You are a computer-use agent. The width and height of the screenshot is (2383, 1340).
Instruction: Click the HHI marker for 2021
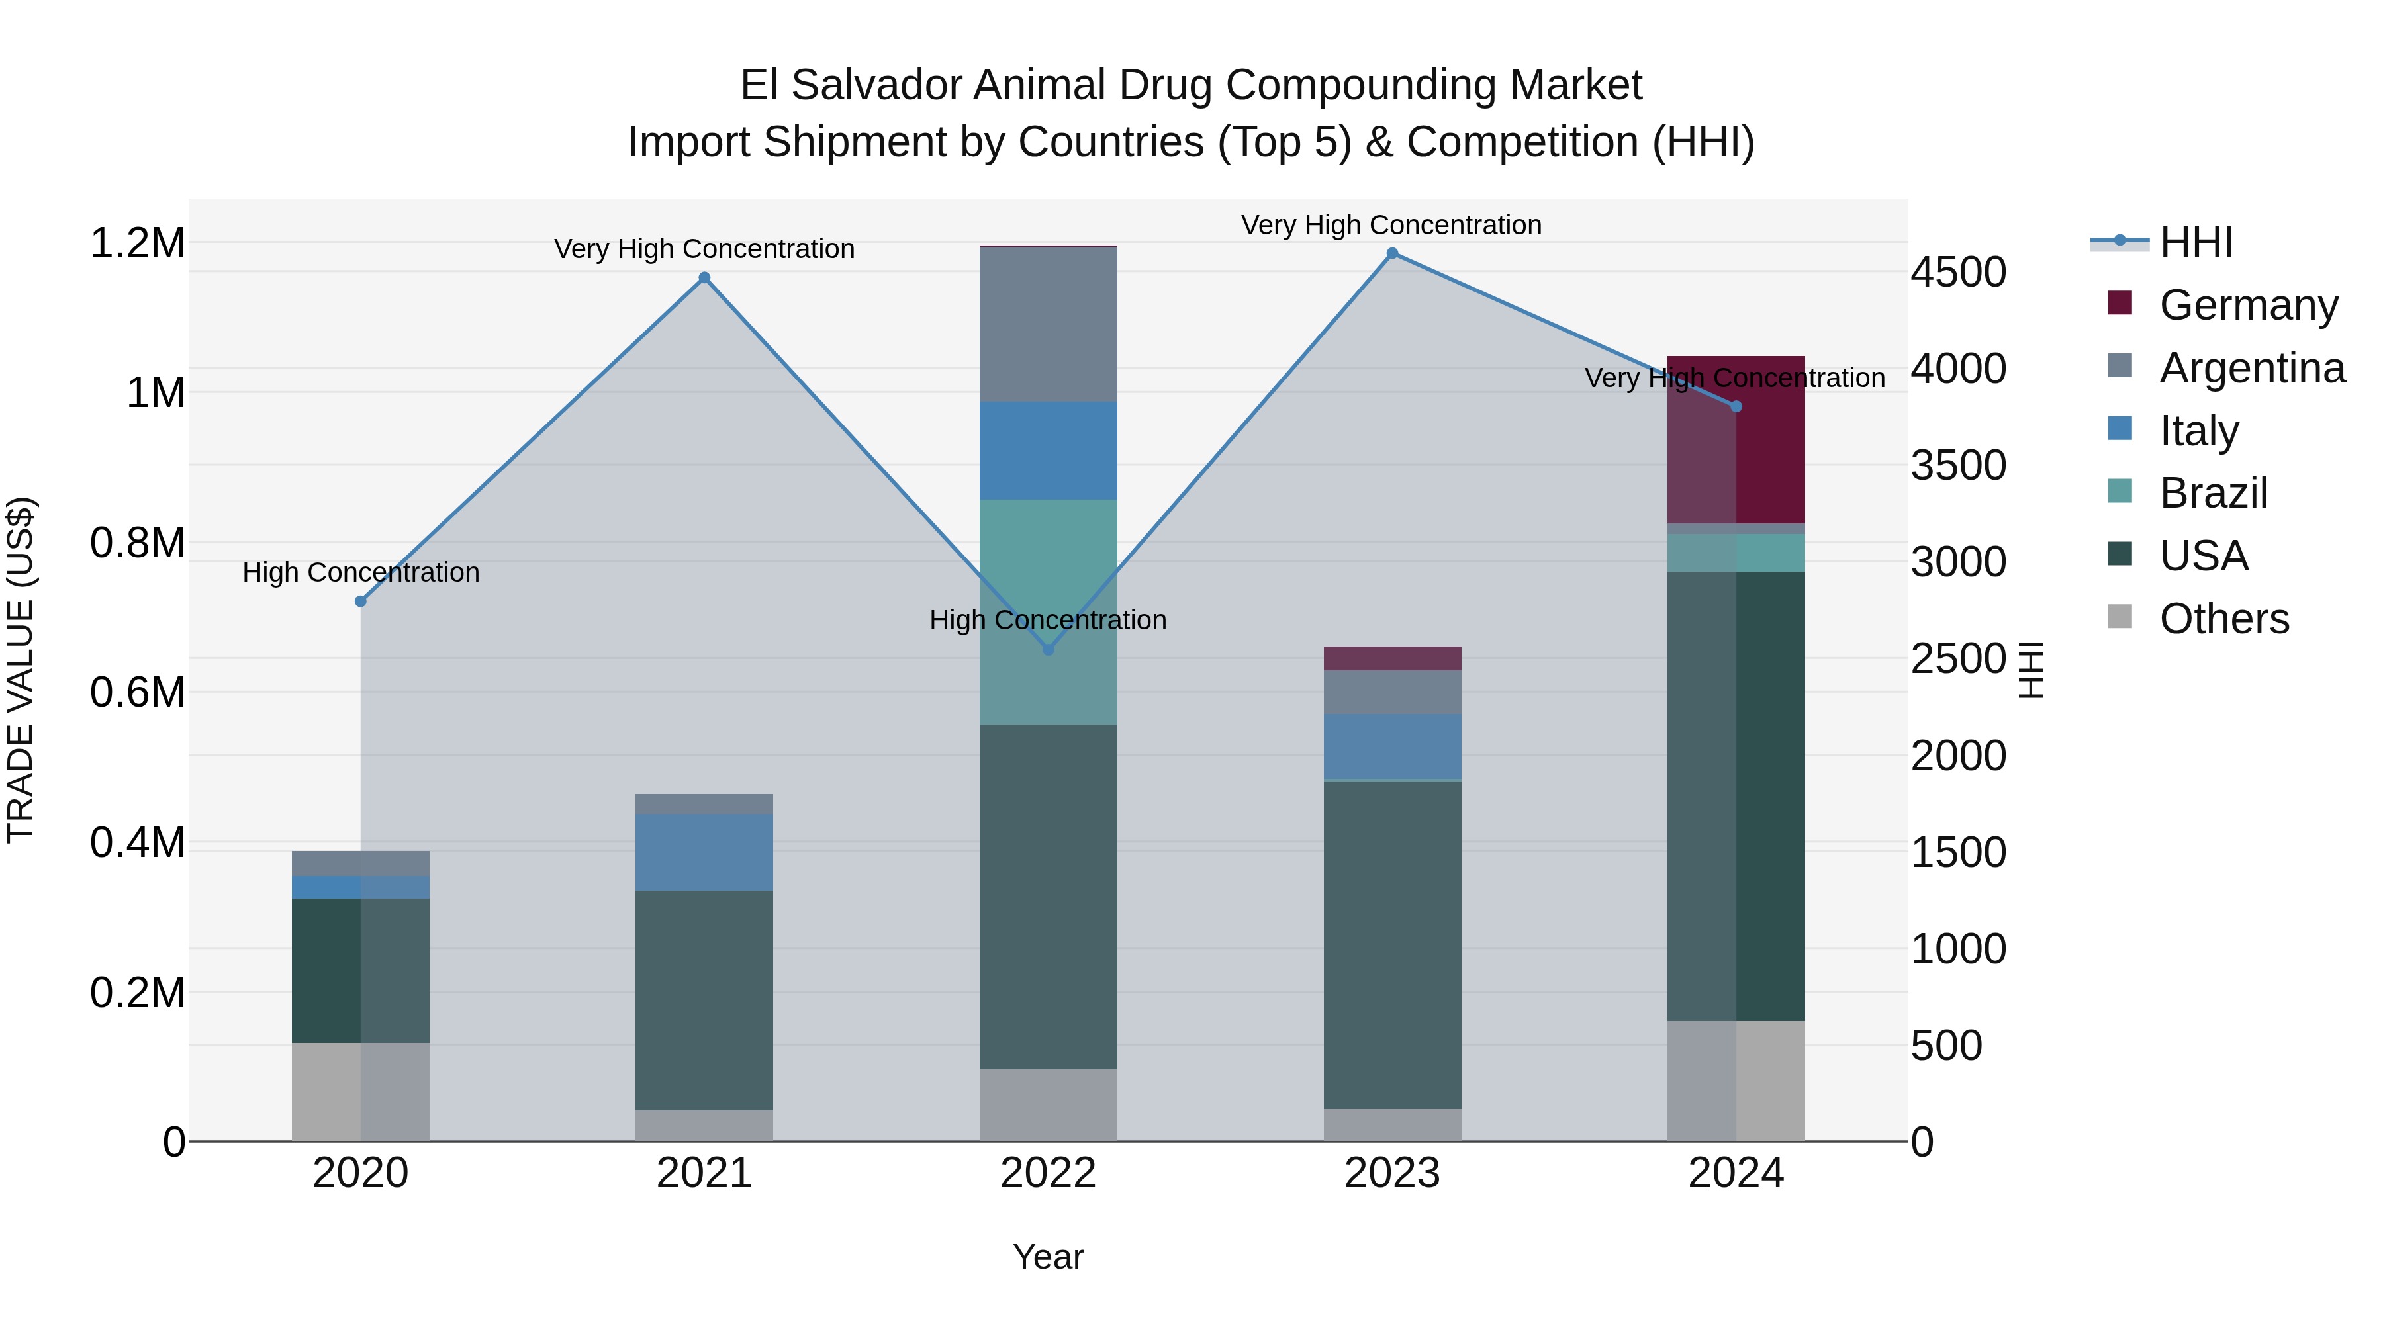(704, 277)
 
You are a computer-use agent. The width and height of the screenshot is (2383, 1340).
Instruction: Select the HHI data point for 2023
(1392, 253)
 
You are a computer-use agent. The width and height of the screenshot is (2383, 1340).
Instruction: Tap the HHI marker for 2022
(1048, 649)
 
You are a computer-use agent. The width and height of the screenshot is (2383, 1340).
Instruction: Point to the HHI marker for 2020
(361, 601)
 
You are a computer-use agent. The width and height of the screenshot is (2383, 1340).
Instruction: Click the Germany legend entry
(2248, 305)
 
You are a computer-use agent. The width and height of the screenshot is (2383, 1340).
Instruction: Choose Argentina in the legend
(2252, 368)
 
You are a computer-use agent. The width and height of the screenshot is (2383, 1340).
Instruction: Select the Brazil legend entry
(2213, 493)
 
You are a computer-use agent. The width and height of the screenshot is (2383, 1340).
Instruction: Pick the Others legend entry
(2224, 619)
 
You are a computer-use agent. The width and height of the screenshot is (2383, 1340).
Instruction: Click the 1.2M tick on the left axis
(138, 244)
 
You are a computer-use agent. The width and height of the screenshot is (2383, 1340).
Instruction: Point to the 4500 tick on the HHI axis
(1959, 272)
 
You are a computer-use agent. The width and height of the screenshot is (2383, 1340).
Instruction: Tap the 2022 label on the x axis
(1048, 1173)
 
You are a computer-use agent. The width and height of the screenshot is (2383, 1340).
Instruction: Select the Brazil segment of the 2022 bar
(1048, 611)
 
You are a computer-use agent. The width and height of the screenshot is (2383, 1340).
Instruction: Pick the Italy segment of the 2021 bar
(704, 852)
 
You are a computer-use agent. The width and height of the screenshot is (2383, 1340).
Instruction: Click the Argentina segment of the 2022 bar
(1048, 325)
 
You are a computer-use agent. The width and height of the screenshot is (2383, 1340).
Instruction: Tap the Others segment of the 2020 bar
(361, 1091)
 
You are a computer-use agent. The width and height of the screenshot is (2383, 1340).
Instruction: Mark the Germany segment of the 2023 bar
(1392, 658)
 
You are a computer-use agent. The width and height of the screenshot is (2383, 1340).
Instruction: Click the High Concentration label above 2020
(361, 572)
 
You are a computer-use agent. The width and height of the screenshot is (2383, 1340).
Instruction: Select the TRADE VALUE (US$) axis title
(21, 670)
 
